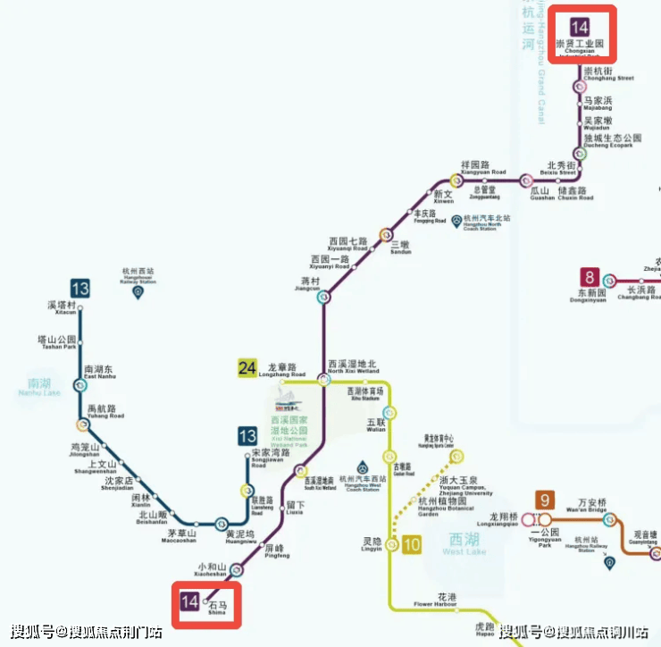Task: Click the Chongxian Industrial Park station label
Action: coord(581,45)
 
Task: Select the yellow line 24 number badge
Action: coord(247,367)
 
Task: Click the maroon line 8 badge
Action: coord(589,277)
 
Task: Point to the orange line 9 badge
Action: coord(544,501)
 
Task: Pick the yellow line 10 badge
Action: coord(411,543)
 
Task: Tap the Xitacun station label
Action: coord(63,307)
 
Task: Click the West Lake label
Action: coord(464,545)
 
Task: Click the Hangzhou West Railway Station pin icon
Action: coord(138,292)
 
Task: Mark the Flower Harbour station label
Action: coord(435,599)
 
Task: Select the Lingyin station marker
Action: coord(391,545)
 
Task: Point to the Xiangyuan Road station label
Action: coord(483,168)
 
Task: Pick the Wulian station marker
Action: coord(389,413)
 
